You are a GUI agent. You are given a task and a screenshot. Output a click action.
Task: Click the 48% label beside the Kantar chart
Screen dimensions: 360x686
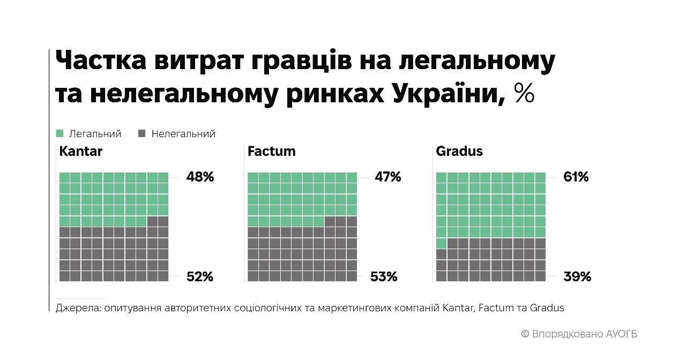tap(200, 177)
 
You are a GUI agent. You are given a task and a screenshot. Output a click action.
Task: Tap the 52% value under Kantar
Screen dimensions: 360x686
tap(200, 276)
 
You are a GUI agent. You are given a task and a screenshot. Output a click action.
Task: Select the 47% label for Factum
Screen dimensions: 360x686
tap(387, 177)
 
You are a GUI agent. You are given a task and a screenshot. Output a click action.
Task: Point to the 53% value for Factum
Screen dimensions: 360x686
tap(384, 276)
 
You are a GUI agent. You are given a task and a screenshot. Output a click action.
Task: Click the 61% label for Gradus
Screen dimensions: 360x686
tap(576, 177)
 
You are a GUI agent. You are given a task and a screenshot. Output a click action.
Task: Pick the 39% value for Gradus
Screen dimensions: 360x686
tap(577, 276)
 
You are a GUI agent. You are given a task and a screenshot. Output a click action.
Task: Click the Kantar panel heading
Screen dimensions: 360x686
tap(81, 151)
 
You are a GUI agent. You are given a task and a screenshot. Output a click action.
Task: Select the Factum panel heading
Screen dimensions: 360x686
tap(272, 151)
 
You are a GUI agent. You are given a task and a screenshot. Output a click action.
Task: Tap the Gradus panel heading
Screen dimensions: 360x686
tap(459, 151)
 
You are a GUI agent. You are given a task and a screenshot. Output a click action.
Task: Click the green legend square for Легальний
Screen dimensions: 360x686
tap(60, 133)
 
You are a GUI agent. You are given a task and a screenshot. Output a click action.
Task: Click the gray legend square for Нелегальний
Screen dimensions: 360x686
tap(142, 133)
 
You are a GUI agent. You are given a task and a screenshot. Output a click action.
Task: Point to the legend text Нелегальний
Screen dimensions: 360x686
tap(183, 133)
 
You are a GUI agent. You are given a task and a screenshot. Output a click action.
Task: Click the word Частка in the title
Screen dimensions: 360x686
tap(102, 63)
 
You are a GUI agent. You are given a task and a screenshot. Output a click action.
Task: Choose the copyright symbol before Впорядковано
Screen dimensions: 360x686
tap(525, 334)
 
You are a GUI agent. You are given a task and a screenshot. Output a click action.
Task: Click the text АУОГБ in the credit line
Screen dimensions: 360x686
tap(622, 334)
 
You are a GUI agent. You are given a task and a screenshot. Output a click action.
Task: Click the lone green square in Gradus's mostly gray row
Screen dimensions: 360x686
tap(441, 243)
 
